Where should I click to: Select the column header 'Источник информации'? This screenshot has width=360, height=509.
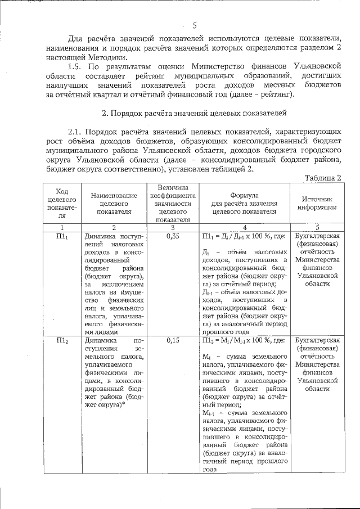point(319,203)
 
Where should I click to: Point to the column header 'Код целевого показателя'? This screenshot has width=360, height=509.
point(62,203)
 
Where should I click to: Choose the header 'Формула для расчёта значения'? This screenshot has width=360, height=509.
point(245,203)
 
